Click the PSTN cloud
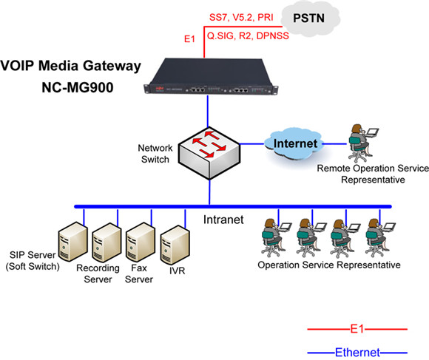click(x=311, y=18)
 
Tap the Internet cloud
click(x=294, y=143)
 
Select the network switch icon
click(x=209, y=153)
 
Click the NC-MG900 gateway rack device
click(x=211, y=77)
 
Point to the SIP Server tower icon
click(x=72, y=242)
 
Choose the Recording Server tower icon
click(x=107, y=242)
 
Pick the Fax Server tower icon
click(x=141, y=242)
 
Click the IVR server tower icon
click(x=175, y=245)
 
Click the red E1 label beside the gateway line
click(x=189, y=39)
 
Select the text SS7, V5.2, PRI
click(x=241, y=17)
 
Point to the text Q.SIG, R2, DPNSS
click(x=248, y=35)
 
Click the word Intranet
click(x=223, y=220)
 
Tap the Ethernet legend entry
click(x=357, y=353)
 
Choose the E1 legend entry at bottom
click(x=357, y=329)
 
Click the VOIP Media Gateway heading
click(x=70, y=66)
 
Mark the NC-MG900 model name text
click(x=78, y=87)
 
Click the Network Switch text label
click(x=155, y=154)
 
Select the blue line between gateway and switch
click(x=208, y=112)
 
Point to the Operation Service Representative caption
click(x=329, y=265)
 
